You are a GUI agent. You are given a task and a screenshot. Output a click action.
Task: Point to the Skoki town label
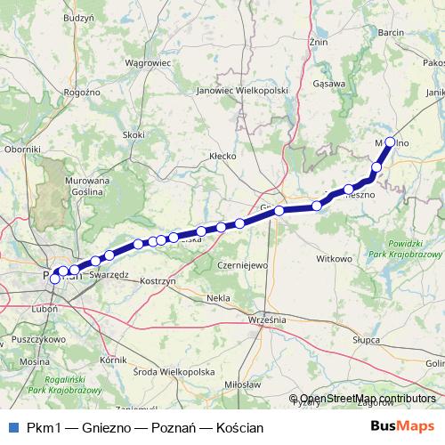click(x=133, y=134)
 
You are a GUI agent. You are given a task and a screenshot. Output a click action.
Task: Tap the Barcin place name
click(x=391, y=32)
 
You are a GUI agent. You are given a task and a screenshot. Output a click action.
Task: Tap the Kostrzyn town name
click(x=160, y=280)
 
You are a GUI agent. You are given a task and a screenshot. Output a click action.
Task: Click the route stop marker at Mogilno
click(x=389, y=142)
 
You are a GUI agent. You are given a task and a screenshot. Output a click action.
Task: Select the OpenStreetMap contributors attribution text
click(x=367, y=399)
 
